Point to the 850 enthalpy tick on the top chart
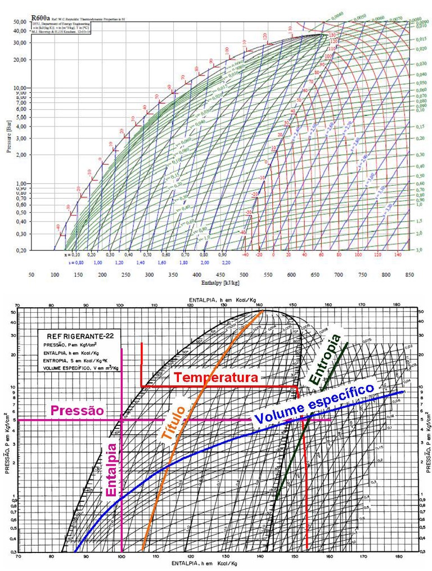pyautogui.click(x=409, y=276)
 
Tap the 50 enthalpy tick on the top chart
pyautogui.click(x=31, y=276)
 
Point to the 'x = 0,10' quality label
pyautogui.click(x=73, y=254)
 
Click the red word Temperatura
pyautogui.click(x=215, y=377)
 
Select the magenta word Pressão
pyautogui.click(x=77, y=410)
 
